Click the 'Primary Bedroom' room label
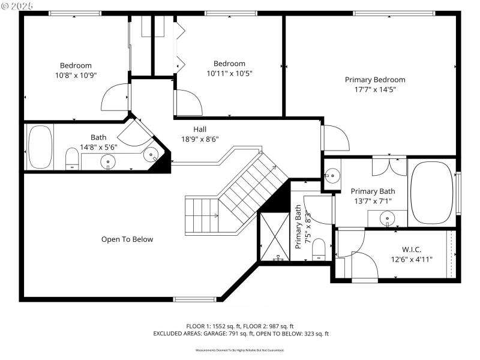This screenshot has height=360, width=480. pyautogui.click(x=374, y=79)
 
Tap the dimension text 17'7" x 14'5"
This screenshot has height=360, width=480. pyautogui.click(x=374, y=89)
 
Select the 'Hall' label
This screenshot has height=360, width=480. pyautogui.click(x=200, y=129)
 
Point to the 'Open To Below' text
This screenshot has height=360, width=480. pyautogui.click(x=127, y=239)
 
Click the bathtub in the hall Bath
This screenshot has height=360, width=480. pyautogui.click(x=41, y=146)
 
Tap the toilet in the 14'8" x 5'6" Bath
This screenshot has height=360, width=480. pyautogui.click(x=72, y=160)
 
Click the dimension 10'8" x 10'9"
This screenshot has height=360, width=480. pyautogui.click(x=76, y=75)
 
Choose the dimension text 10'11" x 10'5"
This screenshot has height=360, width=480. pyautogui.click(x=229, y=73)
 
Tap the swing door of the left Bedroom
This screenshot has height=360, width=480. pyautogui.click(x=115, y=98)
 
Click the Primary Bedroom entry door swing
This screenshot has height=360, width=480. pyautogui.click(x=336, y=138)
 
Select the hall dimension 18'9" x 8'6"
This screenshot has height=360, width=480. pyautogui.click(x=200, y=139)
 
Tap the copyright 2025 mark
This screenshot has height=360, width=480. pyautogui.click(x=17, y=5)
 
